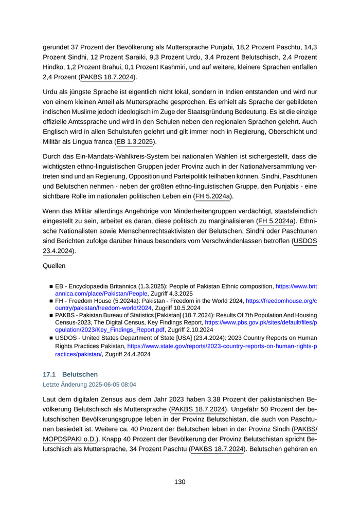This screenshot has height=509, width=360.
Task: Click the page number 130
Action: (179, 482)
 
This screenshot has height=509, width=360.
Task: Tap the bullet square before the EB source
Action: (51, 286)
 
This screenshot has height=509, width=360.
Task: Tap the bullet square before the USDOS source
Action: (51, 338)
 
